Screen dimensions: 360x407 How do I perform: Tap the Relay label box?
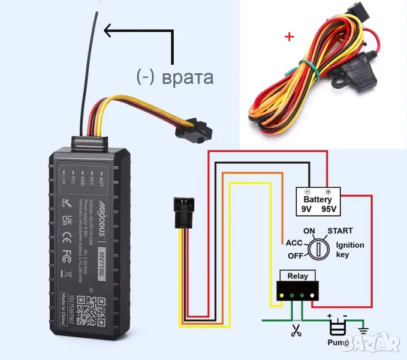coord(297,276)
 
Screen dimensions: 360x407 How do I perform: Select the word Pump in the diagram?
coord(338,343)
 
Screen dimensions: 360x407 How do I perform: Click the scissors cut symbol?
coord(296,330)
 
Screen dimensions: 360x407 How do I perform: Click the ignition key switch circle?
coord(317,247)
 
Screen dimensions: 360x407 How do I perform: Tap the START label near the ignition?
coord(339,231)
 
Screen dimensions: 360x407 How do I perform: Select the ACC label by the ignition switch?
coord(294,244)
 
